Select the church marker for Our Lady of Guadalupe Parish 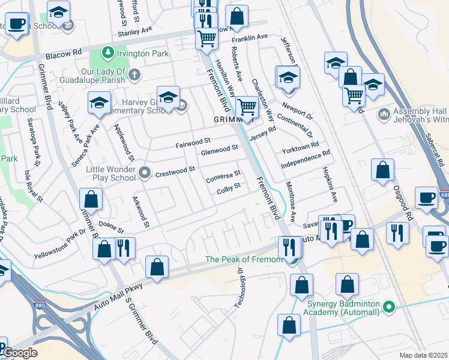point(135,75)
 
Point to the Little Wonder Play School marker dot point(145,174)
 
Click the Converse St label point(223,178)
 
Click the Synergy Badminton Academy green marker point(390,307)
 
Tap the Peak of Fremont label point(244,259)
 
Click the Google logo point(20,353)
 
